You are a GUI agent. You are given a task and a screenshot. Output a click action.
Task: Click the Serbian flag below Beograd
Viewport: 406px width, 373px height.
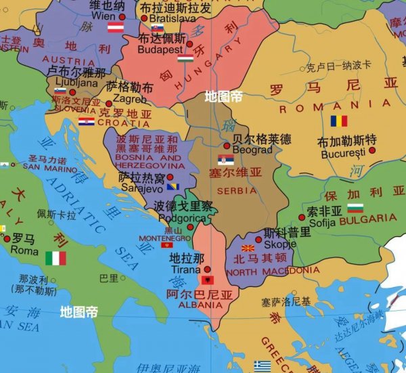(x=226, y=160)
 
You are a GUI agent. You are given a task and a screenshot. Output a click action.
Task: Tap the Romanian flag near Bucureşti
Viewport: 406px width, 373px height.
(x=338, y=121)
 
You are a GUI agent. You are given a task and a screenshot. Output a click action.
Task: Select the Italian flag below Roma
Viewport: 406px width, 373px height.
(x=55, y=258)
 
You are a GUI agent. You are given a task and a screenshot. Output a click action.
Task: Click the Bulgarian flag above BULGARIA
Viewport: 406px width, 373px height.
(x=355, y=208)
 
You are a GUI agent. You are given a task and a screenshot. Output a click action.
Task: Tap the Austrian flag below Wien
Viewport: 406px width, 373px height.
(x=116, y=28)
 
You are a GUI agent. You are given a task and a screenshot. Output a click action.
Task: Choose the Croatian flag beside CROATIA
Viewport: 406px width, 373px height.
(x=86, y=122)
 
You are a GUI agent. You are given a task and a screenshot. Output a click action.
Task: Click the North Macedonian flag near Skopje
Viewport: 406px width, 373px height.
(x=248, y=249)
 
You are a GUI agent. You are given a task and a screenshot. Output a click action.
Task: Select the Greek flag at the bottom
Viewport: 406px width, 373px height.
(x=262, y=366)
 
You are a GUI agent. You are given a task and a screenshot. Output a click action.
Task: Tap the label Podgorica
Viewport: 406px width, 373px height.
(x=182, y=218)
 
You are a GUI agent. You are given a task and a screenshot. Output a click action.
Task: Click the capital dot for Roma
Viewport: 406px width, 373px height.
(x=7, y=239)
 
